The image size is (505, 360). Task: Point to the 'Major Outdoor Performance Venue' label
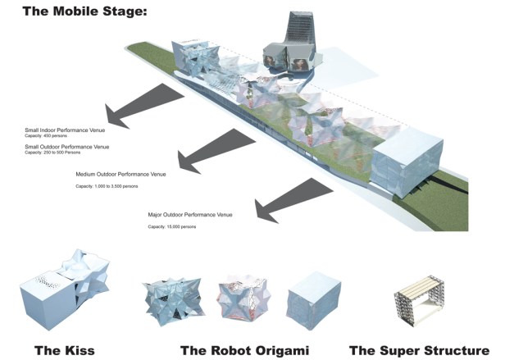pyautogui.click(x=189, y=215)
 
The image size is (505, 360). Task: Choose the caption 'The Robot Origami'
pyautogui.click(x=244, y=350)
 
